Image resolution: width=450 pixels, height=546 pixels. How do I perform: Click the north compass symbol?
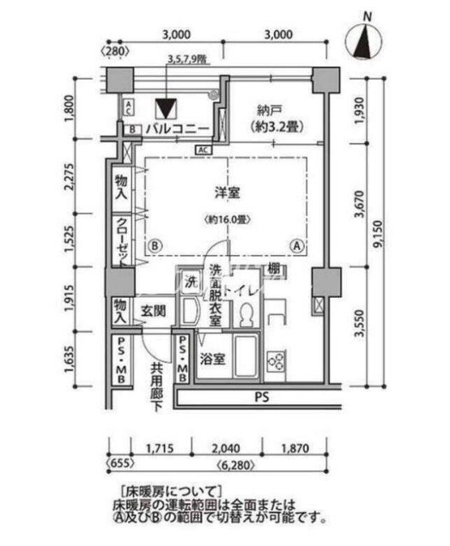coord(368,41)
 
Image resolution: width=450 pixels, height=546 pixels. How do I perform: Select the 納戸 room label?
coord(271,118)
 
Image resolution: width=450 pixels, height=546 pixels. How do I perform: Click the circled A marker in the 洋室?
coord(297,245)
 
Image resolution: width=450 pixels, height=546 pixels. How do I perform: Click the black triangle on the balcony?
coord(166,109)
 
